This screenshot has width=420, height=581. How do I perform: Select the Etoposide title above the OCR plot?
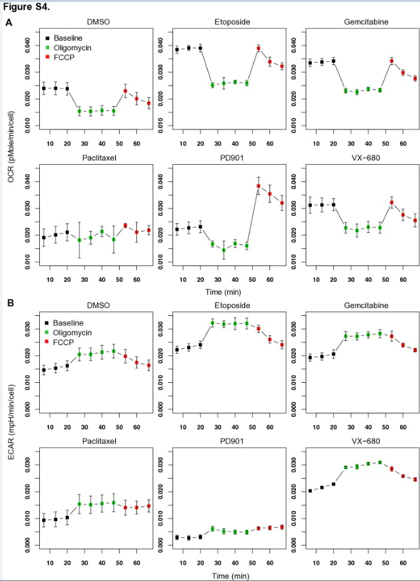(233, 22)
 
